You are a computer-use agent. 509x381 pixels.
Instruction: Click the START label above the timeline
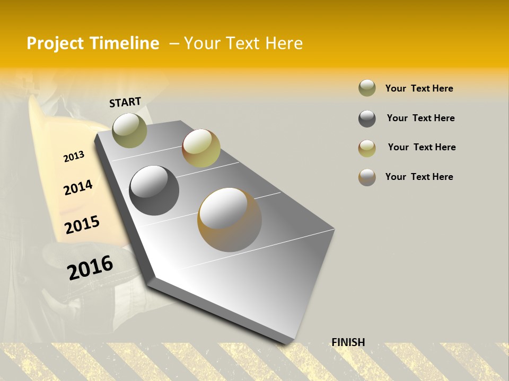coord(125,102)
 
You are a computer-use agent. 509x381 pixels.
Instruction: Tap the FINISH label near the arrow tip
coord(348,342)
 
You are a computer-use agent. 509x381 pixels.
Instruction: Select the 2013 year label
coord(74,157)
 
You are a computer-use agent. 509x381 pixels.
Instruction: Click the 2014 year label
coord(78,187)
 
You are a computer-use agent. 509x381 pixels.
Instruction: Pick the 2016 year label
coord(90,267)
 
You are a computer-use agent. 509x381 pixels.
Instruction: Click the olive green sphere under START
coord(129,130)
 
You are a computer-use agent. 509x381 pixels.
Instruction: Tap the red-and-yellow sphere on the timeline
coord(201,148)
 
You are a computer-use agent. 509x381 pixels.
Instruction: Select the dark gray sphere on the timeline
coord(154,190)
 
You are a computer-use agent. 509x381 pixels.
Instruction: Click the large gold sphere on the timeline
coord(229,219)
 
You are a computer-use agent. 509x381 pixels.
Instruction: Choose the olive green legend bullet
coord(367,88)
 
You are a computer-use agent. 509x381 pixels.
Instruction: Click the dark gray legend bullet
coord(367,119)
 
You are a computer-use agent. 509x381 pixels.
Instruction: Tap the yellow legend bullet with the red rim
coord(367,148)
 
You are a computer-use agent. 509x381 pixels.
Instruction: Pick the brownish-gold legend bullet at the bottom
coord(367,177)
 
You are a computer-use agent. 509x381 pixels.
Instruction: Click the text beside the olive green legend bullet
coord(419,88)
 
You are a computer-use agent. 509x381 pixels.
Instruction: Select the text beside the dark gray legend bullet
coord(420,118)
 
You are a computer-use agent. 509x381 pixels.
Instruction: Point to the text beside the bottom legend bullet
coord(419,177)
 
